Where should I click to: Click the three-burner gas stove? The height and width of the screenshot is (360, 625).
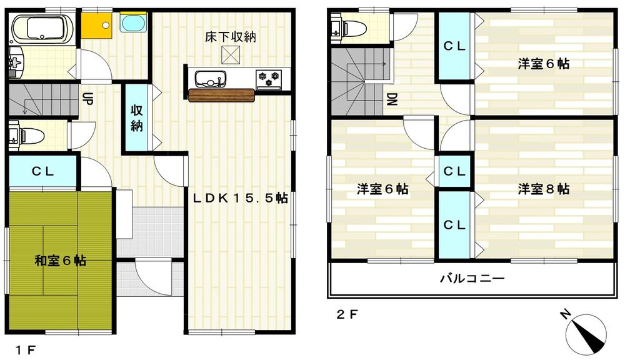pos(269,78)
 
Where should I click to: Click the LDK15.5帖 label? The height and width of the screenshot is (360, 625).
pos(240,199)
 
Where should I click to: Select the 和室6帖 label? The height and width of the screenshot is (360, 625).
pos(60,260)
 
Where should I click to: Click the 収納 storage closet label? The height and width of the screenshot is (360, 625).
pos(137,117)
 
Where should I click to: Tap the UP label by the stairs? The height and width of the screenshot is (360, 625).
pos(87,99)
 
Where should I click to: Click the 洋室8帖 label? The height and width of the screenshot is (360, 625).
pos(543,189)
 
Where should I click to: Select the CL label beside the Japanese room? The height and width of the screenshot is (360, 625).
pos(42,171)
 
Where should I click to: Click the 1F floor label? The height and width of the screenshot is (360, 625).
pos(26,349)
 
